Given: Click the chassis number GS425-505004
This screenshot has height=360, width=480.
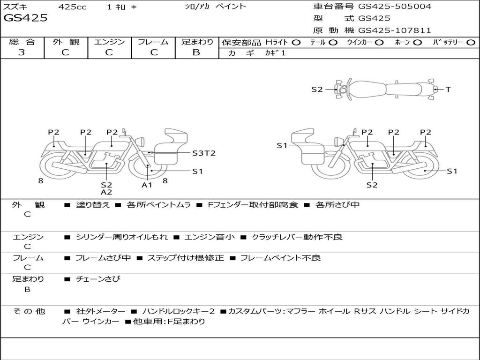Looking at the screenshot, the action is [x=395, y=7].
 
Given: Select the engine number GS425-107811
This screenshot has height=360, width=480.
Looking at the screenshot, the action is [x=395, y=30].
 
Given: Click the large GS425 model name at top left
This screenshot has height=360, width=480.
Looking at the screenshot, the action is [x=25, y=18].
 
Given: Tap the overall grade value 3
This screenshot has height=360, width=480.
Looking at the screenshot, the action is [x=21, y=52].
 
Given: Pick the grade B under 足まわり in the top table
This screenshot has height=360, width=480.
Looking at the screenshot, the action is [x=196, y=52].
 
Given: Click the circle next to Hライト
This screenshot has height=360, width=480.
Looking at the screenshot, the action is [x=296, y=43].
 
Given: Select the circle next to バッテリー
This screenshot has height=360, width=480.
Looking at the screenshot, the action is [x=471, y=43].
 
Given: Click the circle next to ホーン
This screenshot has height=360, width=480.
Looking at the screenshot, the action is [x=417, y=43].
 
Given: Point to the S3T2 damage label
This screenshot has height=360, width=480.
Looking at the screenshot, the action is [x=204, y=153].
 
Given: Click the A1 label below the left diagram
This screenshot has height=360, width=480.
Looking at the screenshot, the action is [x=147, y=185].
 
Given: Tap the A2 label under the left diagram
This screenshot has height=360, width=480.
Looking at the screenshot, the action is [x=106, y=192].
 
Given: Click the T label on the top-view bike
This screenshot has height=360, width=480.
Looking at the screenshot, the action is [x=448, y=90].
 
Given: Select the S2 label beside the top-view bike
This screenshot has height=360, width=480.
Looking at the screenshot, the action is [x=317, y=90].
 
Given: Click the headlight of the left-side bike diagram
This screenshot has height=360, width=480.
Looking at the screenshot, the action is [x=141, y=142].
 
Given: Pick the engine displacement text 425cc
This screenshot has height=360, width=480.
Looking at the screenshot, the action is [x=73, y=7].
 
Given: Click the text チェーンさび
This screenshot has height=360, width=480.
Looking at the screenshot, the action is [x=98, y=279].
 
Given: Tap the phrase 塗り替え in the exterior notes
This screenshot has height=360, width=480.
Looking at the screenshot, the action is [x=93, y=204].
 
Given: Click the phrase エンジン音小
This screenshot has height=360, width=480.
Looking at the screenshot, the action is [x=210, y=237].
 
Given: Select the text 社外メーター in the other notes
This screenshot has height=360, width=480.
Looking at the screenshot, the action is [x=101, y=311].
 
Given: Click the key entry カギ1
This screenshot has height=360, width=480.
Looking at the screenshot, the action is [x=275, y=53].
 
